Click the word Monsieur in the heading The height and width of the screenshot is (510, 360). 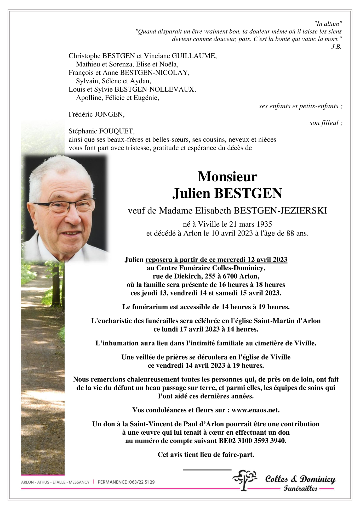coord(227,177)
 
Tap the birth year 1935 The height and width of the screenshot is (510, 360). coord(264,224)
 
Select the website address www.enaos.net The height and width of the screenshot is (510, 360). coord(255,410)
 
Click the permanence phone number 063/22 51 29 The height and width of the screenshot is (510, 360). coord(141,482)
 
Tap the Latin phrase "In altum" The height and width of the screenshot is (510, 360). coord(328,24)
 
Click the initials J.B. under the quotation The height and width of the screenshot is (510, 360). coord(336,47)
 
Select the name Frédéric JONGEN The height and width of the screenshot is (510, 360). coord(96,114)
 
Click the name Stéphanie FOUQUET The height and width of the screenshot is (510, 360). coord(101,131)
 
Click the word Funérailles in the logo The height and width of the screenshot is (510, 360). coord(300,489)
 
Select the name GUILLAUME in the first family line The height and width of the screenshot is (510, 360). coord(194,56)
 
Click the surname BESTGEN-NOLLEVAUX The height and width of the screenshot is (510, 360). coord(155,89)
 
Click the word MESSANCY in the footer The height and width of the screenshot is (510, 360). coord(79,482)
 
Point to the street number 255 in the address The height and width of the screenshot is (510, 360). coord(210,276)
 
